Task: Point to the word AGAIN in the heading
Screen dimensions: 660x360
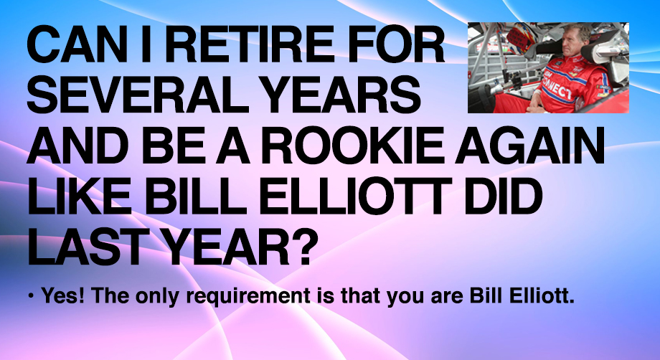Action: click(x=530, y=146)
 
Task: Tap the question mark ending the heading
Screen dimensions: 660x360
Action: click(x=301, y=247)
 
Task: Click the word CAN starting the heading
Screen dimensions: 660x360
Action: click(x=77, y=44)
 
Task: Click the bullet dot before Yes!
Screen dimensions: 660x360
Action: click(x=31, y=296)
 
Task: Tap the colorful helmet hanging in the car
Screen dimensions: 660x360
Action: click(x=520, y=37)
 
